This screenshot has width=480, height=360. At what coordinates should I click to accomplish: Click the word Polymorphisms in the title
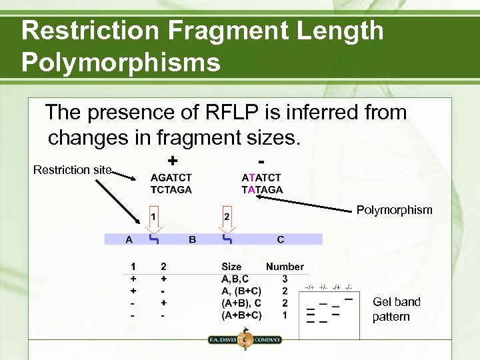click(121, 62)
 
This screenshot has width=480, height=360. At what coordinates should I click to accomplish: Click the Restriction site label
click(73, 170)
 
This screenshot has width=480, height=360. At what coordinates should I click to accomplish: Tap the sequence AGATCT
click(171, 178)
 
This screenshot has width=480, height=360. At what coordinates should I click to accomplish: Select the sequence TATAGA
click(262, 189)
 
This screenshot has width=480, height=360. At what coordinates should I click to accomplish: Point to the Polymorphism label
click(394, 210)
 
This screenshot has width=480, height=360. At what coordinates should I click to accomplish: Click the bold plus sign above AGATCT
click(173, 161)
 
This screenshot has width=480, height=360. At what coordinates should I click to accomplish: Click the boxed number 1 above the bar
click(153, 217)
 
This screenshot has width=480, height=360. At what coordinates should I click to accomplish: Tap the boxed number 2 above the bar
click(227, 217)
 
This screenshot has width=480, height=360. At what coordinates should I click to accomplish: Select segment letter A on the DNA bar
click(129, 239)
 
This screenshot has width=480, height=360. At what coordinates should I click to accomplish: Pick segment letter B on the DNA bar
click(192, 239)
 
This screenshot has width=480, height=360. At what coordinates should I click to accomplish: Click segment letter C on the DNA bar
click(280, 239)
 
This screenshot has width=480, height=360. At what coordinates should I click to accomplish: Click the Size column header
click(232, 267)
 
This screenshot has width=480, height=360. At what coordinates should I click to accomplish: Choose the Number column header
click(285, 267)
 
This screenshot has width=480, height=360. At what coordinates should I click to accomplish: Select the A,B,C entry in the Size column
click(236, 279)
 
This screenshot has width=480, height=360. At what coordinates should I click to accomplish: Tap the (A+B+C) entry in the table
click(241, 315)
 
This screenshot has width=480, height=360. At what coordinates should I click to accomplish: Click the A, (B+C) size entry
click(241, 291)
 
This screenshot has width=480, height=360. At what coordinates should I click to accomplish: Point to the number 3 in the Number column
click(285, 279)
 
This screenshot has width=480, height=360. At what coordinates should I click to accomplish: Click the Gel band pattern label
click(396, 309)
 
